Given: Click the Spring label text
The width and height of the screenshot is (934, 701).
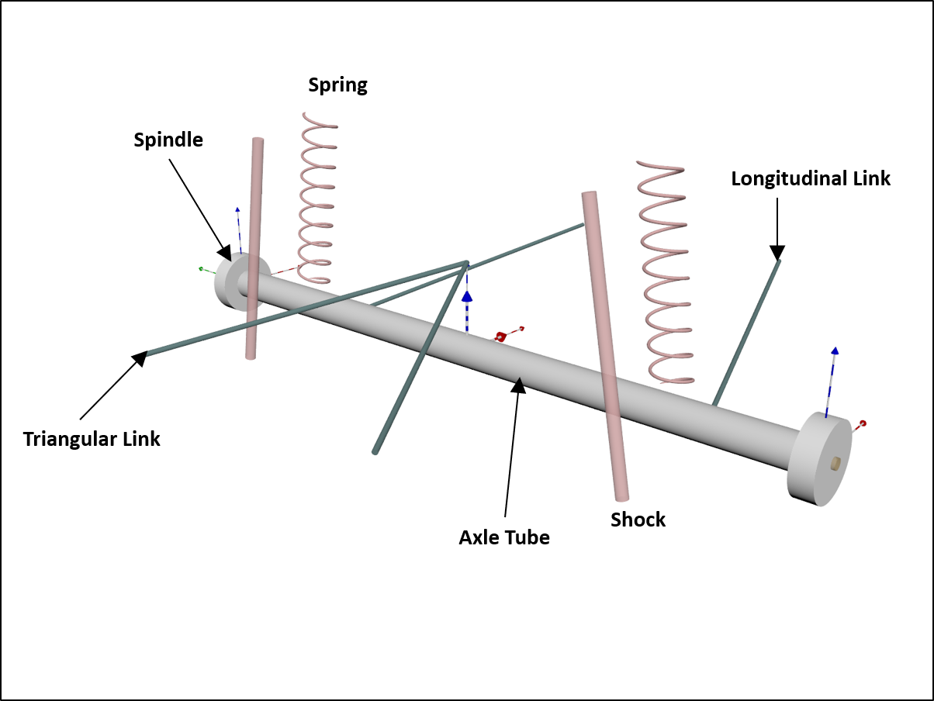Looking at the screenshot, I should click(337, 85).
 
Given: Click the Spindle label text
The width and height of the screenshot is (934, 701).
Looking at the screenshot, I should click(168, 140).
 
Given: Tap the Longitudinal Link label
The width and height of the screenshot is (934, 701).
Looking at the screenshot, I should click(811, 178).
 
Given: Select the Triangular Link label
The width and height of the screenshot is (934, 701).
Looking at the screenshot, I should click(92, 439).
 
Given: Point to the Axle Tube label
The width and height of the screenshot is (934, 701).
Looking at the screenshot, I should click(504, 537).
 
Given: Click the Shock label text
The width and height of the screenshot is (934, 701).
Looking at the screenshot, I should click(638, 520).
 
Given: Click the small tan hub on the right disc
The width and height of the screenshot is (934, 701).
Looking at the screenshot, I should click(835, 463).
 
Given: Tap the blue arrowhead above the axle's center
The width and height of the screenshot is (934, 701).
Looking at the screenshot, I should click(467, 295).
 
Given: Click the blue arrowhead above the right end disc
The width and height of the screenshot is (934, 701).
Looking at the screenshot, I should click(835, 350).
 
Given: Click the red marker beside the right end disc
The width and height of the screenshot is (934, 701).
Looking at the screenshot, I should click(862, 423).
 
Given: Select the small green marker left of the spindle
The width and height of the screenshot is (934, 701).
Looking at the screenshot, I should click(202, 268).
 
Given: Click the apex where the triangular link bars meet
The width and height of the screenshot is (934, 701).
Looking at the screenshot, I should click(465, 263).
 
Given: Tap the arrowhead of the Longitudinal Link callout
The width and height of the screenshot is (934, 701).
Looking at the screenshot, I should click(777, 253).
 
